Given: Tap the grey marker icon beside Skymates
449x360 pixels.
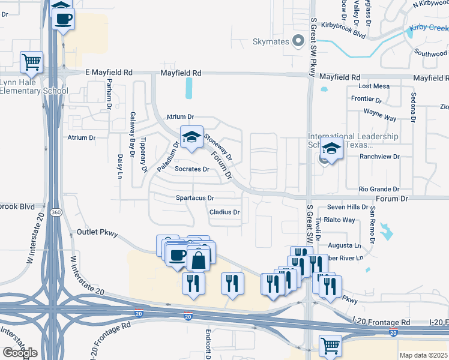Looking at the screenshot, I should [x=298, y=41].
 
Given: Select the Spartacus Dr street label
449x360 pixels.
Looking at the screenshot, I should [x=195, y=197].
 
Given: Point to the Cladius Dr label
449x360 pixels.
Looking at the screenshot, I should [x=224, y=212].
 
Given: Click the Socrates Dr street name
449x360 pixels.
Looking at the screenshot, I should [x=191, y=169].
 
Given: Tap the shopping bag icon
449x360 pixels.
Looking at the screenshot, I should [x=197, y=261].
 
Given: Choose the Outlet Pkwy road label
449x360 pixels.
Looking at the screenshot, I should [x=98, y=232].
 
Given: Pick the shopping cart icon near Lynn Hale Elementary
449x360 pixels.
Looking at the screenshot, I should [x=31, y=62].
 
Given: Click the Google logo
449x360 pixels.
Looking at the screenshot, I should [x=20, y=353].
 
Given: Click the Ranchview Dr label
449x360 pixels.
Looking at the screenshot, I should [x=379, y=157].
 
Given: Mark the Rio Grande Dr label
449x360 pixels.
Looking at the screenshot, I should [x=379, y=188].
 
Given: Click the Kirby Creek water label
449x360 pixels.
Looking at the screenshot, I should [x=429, y=28].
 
